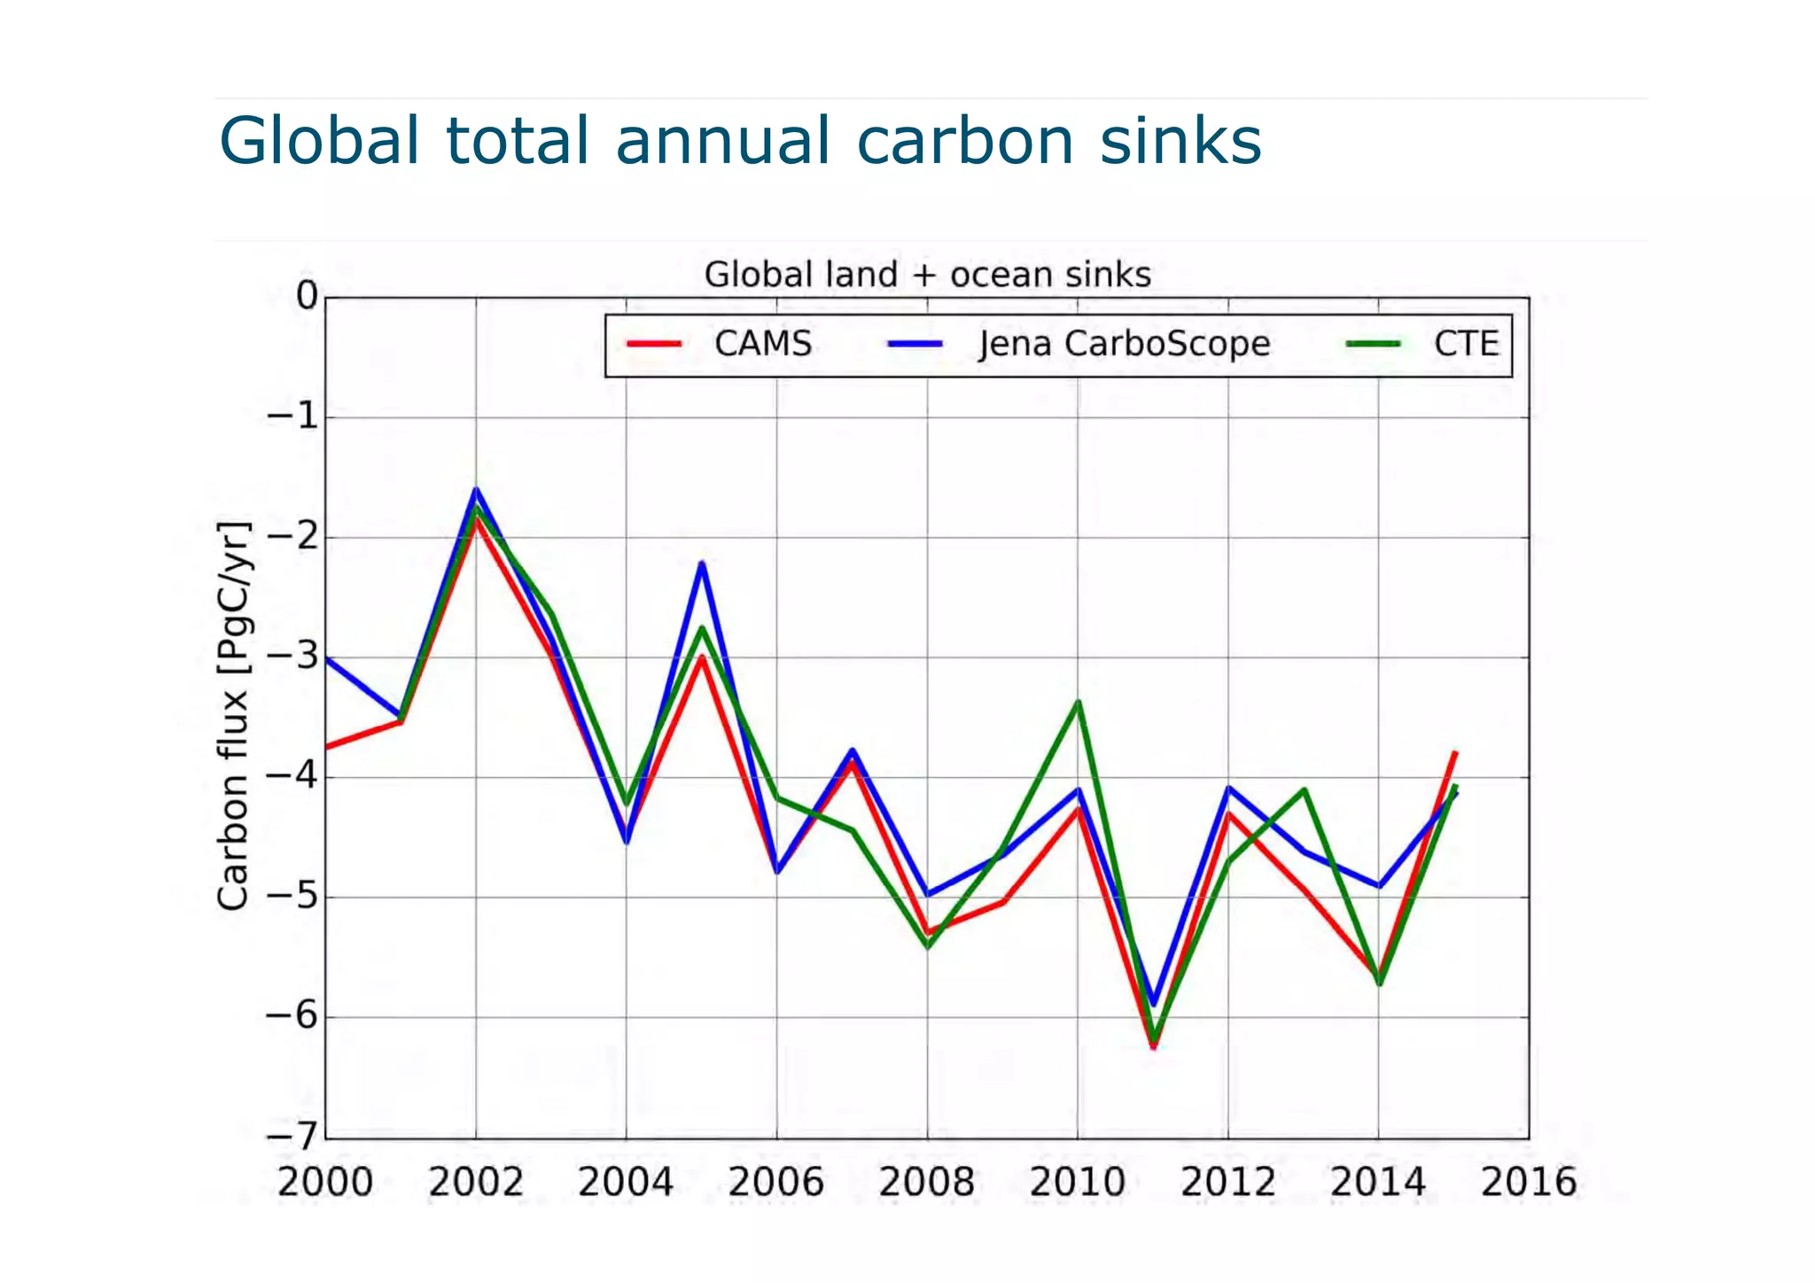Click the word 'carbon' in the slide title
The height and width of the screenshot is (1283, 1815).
[965, 141]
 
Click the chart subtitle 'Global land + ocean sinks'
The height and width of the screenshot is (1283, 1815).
[927, 275]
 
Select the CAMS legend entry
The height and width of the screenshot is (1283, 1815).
[762, 344]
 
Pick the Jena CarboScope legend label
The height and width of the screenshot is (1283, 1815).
[1124, 344]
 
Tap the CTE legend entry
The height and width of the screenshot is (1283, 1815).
[1466, 344]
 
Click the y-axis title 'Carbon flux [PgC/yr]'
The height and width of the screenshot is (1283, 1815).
[234, 716]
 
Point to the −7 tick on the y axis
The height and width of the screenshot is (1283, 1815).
[292, 1137]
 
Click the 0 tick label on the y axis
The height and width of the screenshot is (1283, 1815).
[307, 296]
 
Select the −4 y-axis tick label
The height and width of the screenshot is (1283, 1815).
[292, 777]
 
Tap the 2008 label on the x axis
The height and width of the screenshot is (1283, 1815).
[926, 1182]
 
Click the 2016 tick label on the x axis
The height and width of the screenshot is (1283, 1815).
[1529, 1182]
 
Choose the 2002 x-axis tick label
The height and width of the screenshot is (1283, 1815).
[476, 1182]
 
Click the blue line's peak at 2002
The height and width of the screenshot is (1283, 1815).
[476, 490]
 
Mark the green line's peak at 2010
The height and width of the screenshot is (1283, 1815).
[1078, 702]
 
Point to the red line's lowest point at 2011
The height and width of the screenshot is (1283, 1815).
[1153, 1047]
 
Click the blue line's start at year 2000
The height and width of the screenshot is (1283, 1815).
[327, 658]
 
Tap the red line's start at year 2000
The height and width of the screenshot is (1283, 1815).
[327, 748]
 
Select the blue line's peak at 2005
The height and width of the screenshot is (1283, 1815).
[702, 564]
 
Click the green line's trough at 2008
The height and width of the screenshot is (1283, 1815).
[927, 947]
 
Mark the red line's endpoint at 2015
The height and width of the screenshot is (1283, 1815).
[1455, 752]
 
